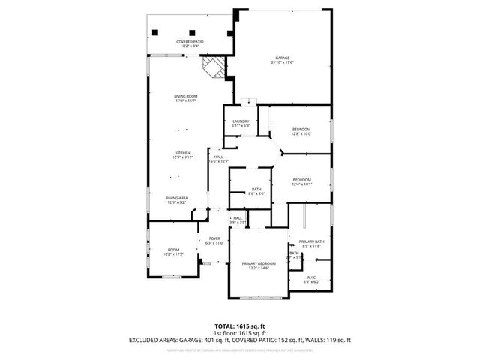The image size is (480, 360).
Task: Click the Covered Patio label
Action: pyautogui.click(x=190, y=43)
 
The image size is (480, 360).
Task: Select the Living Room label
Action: pyautogui.click(x=185, y=98)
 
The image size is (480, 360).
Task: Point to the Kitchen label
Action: pyautogui.click(x=183, y=155)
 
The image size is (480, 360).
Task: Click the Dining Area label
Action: pyautogui.click(x=177, y=200)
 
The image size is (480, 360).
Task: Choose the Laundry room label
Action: pyautogui.click(x=241, y=123)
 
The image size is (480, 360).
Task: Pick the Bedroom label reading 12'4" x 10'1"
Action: pyautogui.click(x=301, y=181)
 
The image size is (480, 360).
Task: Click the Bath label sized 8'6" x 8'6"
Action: pyautogui.click(x=256, y=191)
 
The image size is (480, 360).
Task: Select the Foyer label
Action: pyautogui.click(x=214, y=241)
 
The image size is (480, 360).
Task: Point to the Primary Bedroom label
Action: pyautogui.click(x=259, y=265)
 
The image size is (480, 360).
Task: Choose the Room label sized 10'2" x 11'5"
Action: pyautogui.click(x=173, y=252)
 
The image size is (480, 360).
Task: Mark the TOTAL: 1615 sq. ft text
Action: pyautogui.click(x=240, y=326)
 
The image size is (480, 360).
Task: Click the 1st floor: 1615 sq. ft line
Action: pyautogui.click(x=240, y=333)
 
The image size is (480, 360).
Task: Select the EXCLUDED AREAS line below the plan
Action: pyautogui.click(x=240, y=340)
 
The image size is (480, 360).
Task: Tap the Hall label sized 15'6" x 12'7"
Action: pyautogui.click(x=218, y=158)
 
